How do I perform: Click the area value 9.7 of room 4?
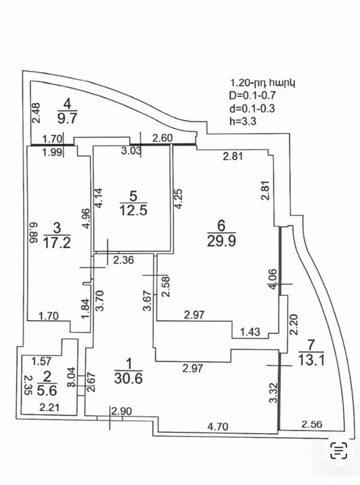(x=67, y=118)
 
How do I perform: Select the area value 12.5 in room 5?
(x=133, y=210)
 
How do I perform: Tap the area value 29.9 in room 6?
(x=221, y=240)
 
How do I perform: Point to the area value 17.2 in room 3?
(x=57, y=243)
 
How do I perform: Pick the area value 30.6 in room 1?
(x=129, y=378)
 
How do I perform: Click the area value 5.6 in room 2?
(x=47, y=390)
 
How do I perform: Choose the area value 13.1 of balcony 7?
(x=311, y=360)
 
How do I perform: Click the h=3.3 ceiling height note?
(x=243, y=121)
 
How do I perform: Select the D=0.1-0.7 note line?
(x=252, y=95)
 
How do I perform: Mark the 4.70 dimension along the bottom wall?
(x=218, y=427)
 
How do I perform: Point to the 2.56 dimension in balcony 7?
(x=311, y=424)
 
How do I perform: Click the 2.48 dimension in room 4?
(x=36, y=113)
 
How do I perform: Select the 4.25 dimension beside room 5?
(x=179, y=199)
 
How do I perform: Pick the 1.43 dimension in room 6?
(x=250, y=332)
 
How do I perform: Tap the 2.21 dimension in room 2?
(x=49, y=408)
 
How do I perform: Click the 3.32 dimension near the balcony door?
(x=273, y=393)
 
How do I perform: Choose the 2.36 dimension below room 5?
(x=123, y=260)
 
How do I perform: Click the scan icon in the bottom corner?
(x=338, y=451)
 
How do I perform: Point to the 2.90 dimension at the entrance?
(x=121, y=411)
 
